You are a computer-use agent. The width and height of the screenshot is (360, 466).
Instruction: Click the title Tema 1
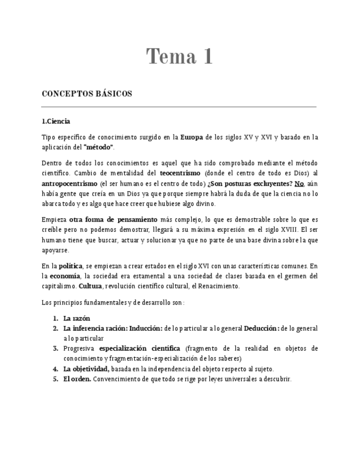[x=179, y=57]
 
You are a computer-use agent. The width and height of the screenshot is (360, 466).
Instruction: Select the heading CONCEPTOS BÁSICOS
[x=87, y=94]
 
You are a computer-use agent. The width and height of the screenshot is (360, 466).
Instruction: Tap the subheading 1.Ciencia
[x=56, y=121]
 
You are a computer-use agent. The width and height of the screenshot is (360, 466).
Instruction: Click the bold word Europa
[x=192, y=137]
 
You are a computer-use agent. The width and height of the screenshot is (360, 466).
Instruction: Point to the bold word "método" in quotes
[x=98, y=147]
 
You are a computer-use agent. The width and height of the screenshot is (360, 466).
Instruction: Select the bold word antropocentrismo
[x=69, y=183]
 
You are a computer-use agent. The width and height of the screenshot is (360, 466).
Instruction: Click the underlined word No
[x=299, y=183]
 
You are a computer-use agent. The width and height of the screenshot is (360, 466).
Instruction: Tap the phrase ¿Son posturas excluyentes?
[x=251, y=183]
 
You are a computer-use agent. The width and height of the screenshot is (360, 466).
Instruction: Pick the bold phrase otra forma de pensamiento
[x=109, y=220]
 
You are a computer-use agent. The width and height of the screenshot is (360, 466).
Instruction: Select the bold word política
[x=70, y=266]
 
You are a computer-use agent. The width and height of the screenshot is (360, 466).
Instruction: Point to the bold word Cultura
[x=90, y=286]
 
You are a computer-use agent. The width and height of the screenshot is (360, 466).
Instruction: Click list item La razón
[x=77, y=318]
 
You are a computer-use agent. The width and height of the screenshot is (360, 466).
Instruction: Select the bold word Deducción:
[x=262, y=328]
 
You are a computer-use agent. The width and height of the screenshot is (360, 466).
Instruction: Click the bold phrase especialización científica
[x=140, y=348]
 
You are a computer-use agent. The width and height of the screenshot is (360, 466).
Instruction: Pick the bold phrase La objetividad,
[x=86, y=369]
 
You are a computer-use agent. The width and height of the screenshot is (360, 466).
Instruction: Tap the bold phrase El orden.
[x=77, y=379]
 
